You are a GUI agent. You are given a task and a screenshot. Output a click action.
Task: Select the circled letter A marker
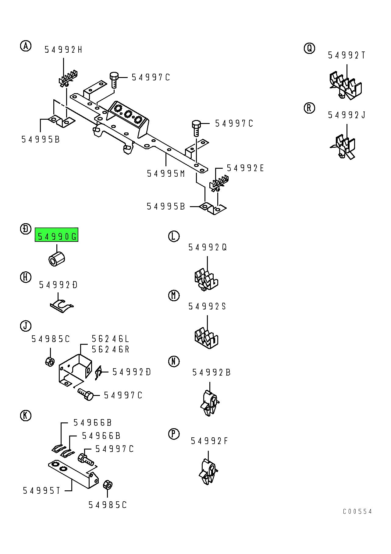(x=26, y=46)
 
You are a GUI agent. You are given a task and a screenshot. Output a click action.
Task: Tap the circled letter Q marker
(x=309, y=48)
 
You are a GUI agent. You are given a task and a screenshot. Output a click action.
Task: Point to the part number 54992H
(x=63, y=50)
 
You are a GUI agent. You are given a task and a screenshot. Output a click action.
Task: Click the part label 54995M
(x=166, y=174)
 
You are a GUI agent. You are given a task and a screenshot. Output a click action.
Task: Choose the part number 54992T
(x=347, y=55)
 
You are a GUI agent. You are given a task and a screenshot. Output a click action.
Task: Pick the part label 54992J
(x=347, y=115)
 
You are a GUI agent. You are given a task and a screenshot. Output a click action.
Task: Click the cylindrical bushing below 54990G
(x=57, y=259)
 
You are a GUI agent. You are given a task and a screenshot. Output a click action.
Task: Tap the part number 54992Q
(x=208, y=247)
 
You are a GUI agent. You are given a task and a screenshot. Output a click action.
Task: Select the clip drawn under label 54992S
(x=206, y=338)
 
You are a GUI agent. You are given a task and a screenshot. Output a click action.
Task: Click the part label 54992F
(x=209, y=441)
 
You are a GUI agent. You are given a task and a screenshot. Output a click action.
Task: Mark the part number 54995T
(x=42, y=491)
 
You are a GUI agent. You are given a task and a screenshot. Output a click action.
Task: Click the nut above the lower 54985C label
(x=108, y=485)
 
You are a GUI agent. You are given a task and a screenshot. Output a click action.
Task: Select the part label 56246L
(x=111, y=339)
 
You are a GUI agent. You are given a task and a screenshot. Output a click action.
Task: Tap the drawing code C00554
(x=357, y=512)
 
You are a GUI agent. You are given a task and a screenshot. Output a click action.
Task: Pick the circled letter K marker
(x=26, y=415)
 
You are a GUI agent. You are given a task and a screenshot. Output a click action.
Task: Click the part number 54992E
(x=245, y=168)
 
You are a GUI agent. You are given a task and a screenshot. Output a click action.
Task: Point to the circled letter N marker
(x=174, y=362)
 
